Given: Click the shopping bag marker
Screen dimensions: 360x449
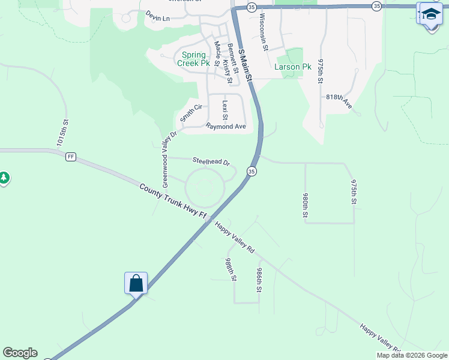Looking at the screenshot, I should tap(136, 283).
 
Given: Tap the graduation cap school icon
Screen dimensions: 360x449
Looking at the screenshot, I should tap(430, 14).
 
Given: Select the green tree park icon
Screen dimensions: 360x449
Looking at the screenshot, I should tap(4, 178).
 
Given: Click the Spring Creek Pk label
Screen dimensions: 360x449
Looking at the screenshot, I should tap(193, 59).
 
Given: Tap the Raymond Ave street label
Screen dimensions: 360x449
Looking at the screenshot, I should tap(226, 127).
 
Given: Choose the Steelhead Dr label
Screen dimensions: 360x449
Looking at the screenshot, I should tap(211, 161).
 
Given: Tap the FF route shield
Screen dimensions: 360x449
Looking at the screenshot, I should tap(71, 157).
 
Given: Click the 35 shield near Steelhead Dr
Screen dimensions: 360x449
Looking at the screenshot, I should tap(252, 172).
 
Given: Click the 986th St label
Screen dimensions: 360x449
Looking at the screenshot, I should tap(259, 280).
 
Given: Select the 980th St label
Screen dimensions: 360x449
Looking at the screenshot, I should tap(306, 205).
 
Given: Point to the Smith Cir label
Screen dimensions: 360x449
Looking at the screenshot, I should tap(193, 111).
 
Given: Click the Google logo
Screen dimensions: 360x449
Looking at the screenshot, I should tap(20, 353).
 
